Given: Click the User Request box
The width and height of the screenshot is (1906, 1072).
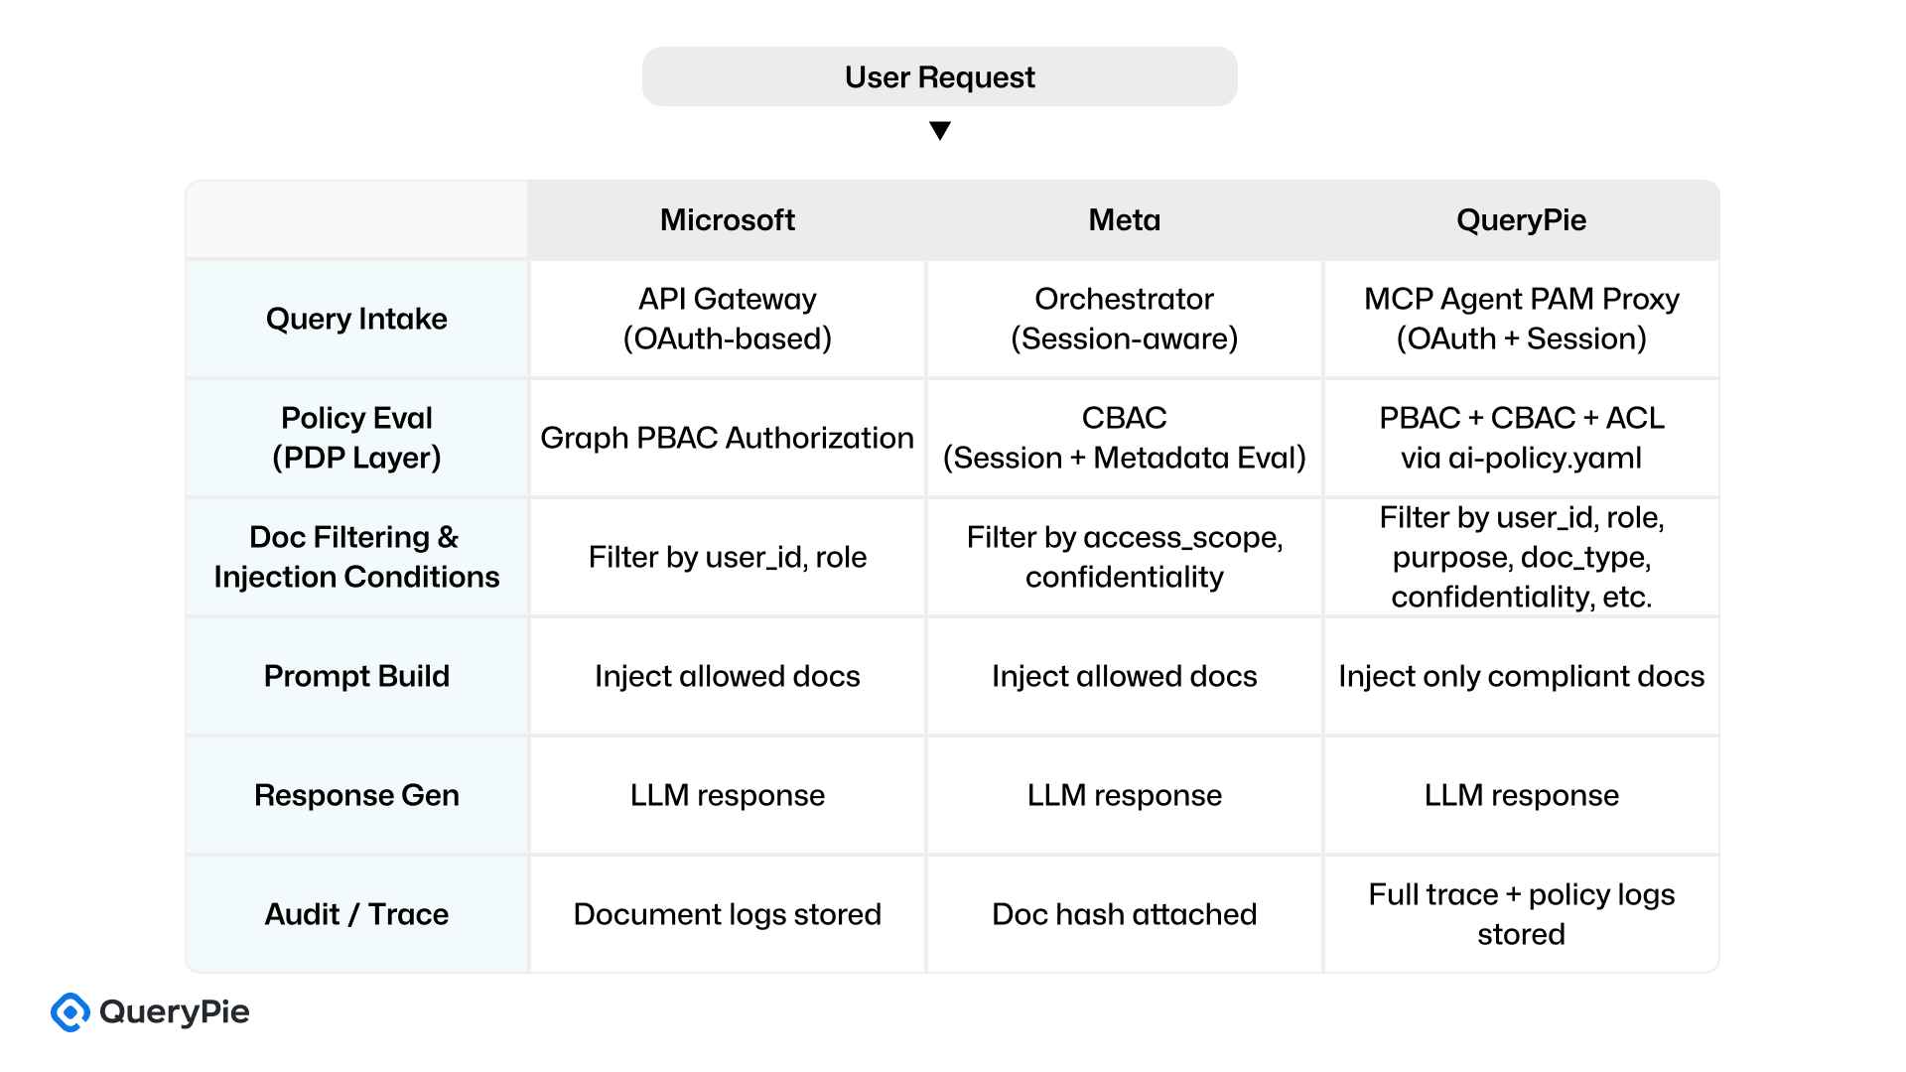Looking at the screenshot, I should point(939,76).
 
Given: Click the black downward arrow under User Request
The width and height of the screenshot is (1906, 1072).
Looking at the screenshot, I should point(939,130).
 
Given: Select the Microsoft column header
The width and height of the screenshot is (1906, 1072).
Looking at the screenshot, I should point(727,219).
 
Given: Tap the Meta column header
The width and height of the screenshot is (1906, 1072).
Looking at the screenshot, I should point(1124,219).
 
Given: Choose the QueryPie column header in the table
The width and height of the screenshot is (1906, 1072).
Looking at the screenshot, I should point(1521,219).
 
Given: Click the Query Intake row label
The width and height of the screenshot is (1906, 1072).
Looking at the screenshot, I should point(356,319).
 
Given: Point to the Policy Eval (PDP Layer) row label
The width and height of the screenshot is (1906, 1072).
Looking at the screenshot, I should point(356,438).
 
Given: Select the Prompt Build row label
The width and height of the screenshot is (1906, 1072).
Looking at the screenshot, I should point(356,676).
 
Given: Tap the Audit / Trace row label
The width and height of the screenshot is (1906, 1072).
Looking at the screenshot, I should point(356,914).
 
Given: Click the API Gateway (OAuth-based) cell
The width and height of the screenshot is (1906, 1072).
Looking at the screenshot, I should point(727,319).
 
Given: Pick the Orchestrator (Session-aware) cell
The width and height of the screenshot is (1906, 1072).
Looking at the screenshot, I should point(1124,319).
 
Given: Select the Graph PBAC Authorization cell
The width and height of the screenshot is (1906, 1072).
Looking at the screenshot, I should point(727,438).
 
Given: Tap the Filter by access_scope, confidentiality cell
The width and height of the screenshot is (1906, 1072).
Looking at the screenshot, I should point(1124,557).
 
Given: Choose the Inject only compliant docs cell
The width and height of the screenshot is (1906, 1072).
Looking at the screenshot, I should point(1521,676).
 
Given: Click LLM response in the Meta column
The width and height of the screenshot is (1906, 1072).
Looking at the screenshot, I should point(1124,795).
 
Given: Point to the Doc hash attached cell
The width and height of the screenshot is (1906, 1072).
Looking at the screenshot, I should point(1124,914).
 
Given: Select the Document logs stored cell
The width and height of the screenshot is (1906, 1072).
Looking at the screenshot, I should point(727,914).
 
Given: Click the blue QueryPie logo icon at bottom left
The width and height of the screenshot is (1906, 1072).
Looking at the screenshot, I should point(70,1012).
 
